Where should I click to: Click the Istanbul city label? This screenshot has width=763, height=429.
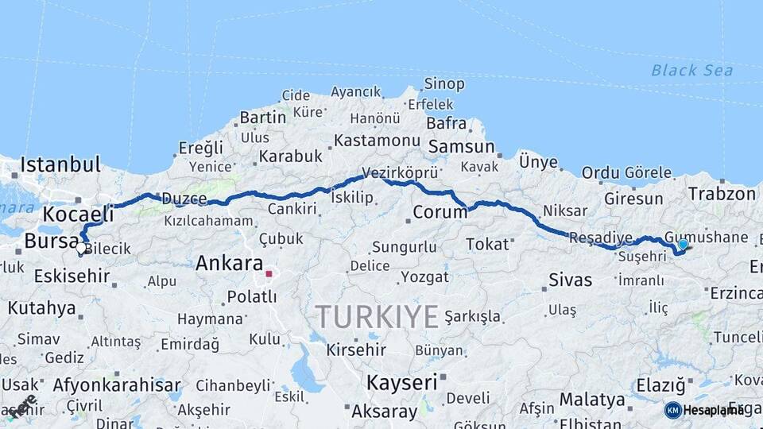click(60, 165)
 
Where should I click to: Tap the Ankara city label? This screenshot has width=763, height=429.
click(229, 263)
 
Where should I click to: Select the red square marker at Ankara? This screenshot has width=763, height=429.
click(269, 274)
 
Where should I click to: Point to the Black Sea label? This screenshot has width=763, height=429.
click(691, 71)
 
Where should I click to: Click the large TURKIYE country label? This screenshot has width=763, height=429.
click(378, 317)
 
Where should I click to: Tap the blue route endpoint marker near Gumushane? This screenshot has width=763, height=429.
click(683, 245)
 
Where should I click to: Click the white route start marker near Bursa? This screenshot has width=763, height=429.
click(81, 248)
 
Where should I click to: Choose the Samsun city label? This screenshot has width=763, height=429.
click(461, 147)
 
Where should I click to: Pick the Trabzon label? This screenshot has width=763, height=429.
click(722, 194)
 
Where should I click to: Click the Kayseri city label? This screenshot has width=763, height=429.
click(402, 382)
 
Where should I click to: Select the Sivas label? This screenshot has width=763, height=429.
click(571, 280)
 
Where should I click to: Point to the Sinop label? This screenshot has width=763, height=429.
click(444, 84)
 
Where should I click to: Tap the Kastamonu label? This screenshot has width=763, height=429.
click(377, 141)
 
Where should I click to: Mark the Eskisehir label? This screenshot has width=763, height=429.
click(72, 276)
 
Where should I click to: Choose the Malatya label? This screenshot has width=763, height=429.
click(592, 399)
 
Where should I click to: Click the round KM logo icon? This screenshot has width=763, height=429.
click(672, 410)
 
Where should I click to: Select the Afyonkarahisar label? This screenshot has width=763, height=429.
click(117, 386)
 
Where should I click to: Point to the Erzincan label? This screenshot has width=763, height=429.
click(736, 293)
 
